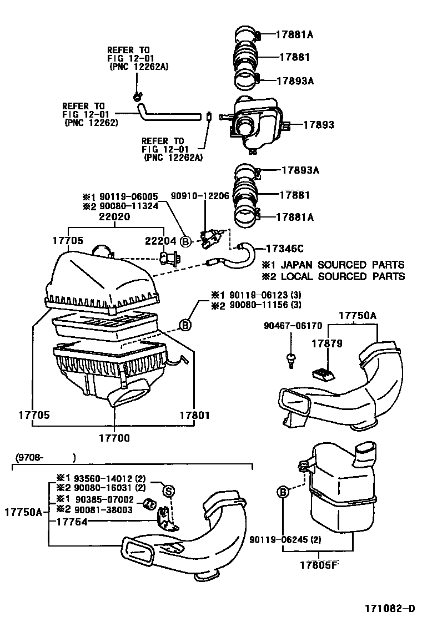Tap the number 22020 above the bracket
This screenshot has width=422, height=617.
(x=114, y=217)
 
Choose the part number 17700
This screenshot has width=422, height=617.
(x=114, y=438)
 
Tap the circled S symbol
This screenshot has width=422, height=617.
(x=168, y=490)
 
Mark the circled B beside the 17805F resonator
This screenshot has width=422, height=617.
(x=283, y=492)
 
